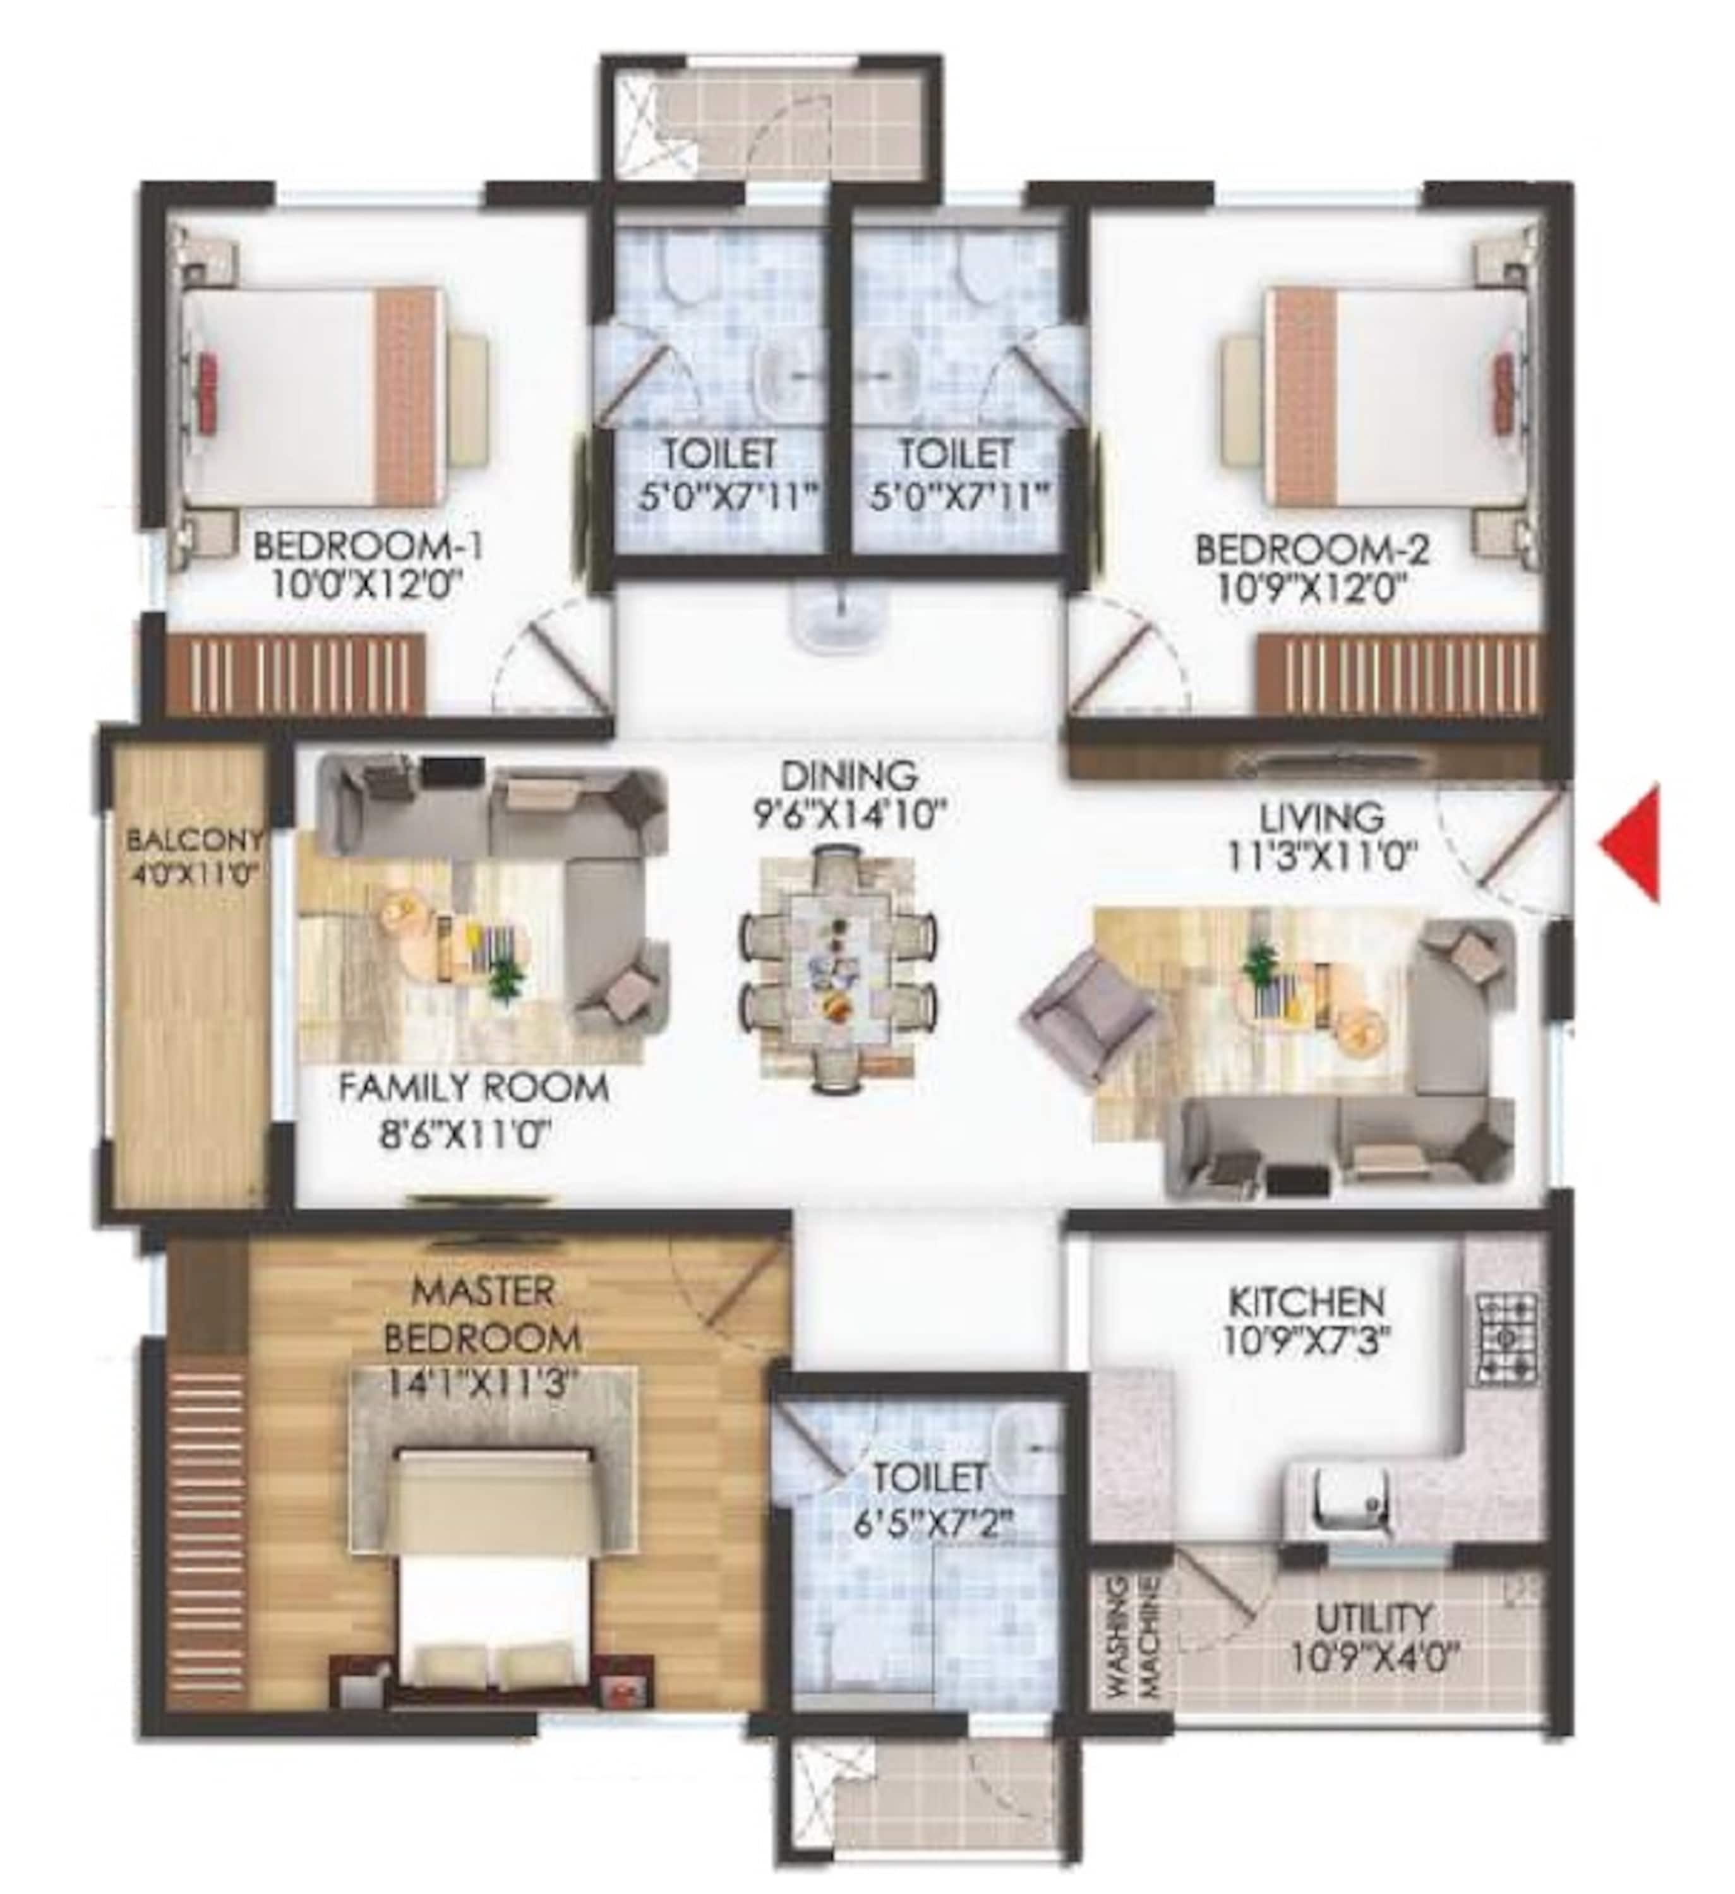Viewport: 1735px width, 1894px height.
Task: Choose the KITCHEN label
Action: (x=1306, y=1303)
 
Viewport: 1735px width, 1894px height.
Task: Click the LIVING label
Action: (x=1321, y=816)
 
